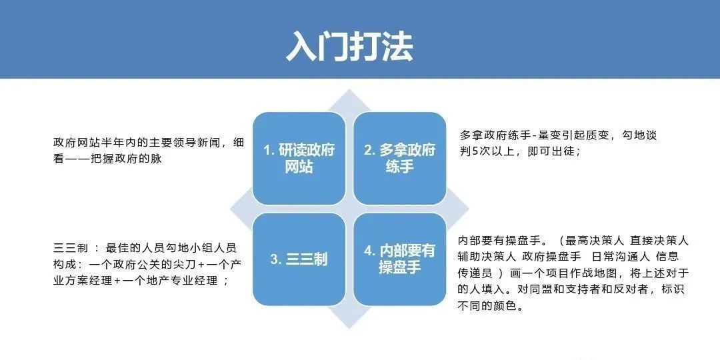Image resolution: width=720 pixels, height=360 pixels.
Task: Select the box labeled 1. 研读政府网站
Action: [x=299, y=158]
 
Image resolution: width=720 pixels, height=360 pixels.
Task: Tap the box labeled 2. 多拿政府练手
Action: [x=399, y=158]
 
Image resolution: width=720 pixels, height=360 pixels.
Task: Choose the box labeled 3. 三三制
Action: [x=299, y=259]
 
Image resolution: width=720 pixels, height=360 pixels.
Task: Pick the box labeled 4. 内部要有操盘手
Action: [x=399, y=259]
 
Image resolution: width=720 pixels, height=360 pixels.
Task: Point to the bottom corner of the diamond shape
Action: [x=349, y=327]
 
